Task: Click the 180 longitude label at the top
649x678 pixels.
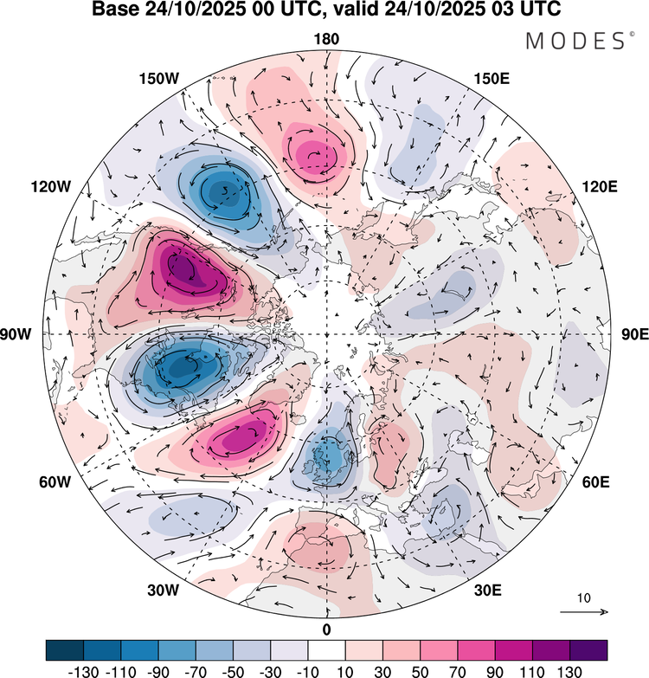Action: [326, 39]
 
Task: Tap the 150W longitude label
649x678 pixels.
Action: [158, 79]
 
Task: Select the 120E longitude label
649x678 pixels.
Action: [599, 186]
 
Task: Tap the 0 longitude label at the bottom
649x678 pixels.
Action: [326, 629]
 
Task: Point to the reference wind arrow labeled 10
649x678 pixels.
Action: [584, 612]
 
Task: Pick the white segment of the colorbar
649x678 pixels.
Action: [326, 649]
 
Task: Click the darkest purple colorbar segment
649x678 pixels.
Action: [588, 649]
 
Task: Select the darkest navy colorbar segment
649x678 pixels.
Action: [64, 649]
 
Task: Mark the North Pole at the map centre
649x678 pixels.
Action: [326, 334]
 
